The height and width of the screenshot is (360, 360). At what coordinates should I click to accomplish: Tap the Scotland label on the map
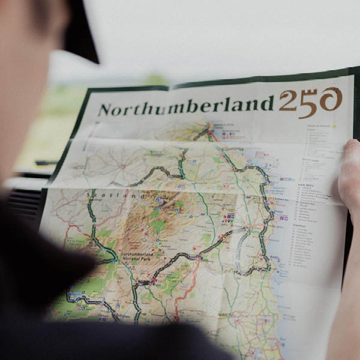tap(115, 196)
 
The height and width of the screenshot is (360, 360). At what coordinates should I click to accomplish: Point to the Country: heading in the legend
tap(300, 225)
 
